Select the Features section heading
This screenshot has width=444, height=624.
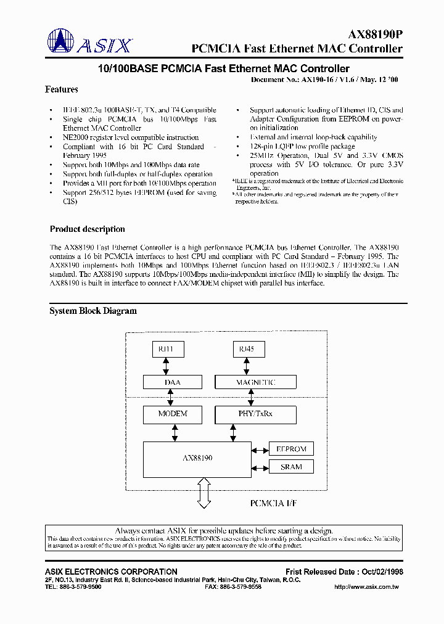[62, 89]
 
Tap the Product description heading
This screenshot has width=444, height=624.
[87, 229]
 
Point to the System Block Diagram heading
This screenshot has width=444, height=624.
[93, 311]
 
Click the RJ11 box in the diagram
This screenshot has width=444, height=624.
[166, 349]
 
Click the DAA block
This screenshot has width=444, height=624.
[173, 382]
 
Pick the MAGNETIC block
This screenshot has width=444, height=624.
[255, 382]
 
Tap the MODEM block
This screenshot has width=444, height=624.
[173, 414]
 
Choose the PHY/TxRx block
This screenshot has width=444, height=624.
[255, 414]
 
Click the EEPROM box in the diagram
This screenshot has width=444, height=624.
[291, 449]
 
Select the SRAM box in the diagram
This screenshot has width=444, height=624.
[291, 467]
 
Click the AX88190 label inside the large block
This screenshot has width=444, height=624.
[197, 459]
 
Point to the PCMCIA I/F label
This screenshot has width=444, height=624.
[273, 503]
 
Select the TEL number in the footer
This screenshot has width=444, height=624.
[73, 587]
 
